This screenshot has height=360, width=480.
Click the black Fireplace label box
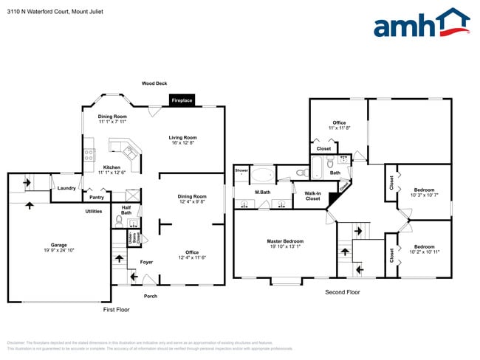coord(182,100)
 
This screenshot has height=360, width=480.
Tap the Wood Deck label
coord(154,83)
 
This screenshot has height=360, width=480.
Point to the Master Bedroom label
coord(285,243)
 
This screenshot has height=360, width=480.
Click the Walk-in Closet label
coord(312,196)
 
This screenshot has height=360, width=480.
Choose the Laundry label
coord(66,188)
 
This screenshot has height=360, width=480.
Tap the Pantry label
coord(96,198)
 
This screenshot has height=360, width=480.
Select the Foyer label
coord(146,262)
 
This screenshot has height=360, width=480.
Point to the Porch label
coord(150,296)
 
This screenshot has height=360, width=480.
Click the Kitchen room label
coord(112,169)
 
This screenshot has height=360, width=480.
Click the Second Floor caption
coord(343,293)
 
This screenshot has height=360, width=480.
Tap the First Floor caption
coord(116,310)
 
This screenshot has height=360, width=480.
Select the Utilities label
coord(93,211)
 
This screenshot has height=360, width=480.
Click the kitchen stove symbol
coord(89,155)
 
